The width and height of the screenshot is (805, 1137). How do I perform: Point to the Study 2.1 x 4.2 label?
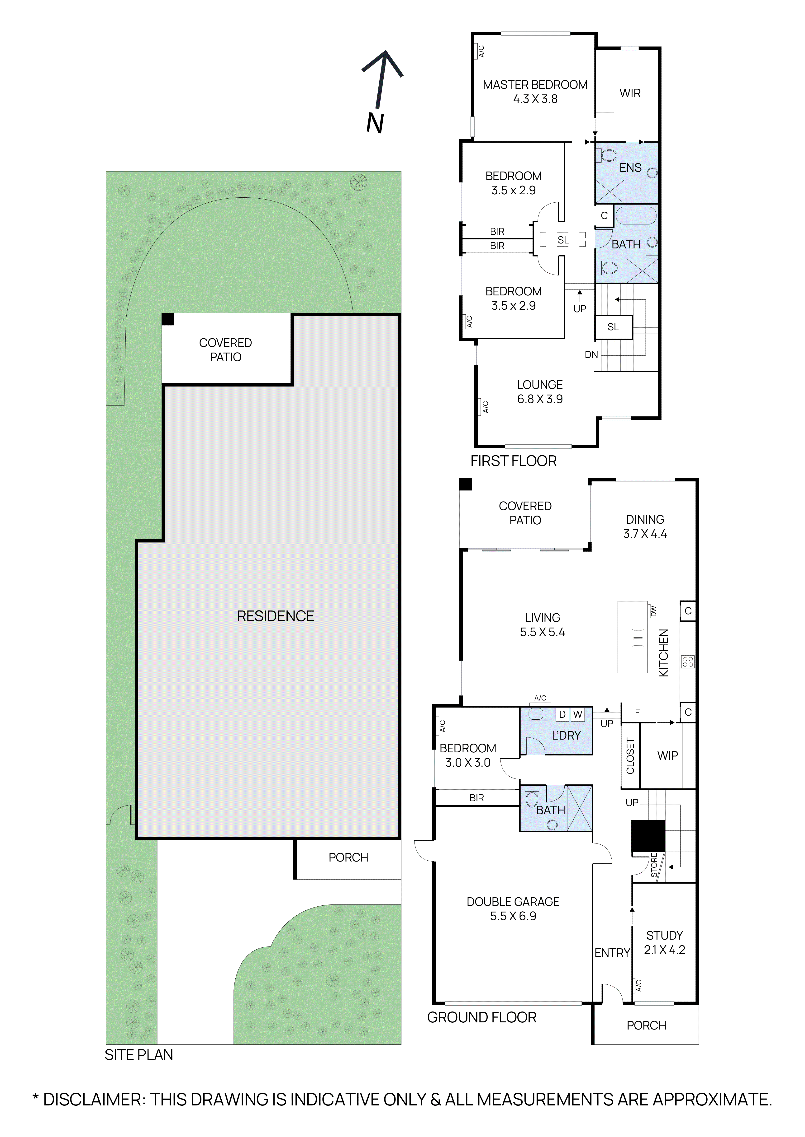click(x=664, y=942)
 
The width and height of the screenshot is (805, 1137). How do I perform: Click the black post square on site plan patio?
click(x=168, y=319)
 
